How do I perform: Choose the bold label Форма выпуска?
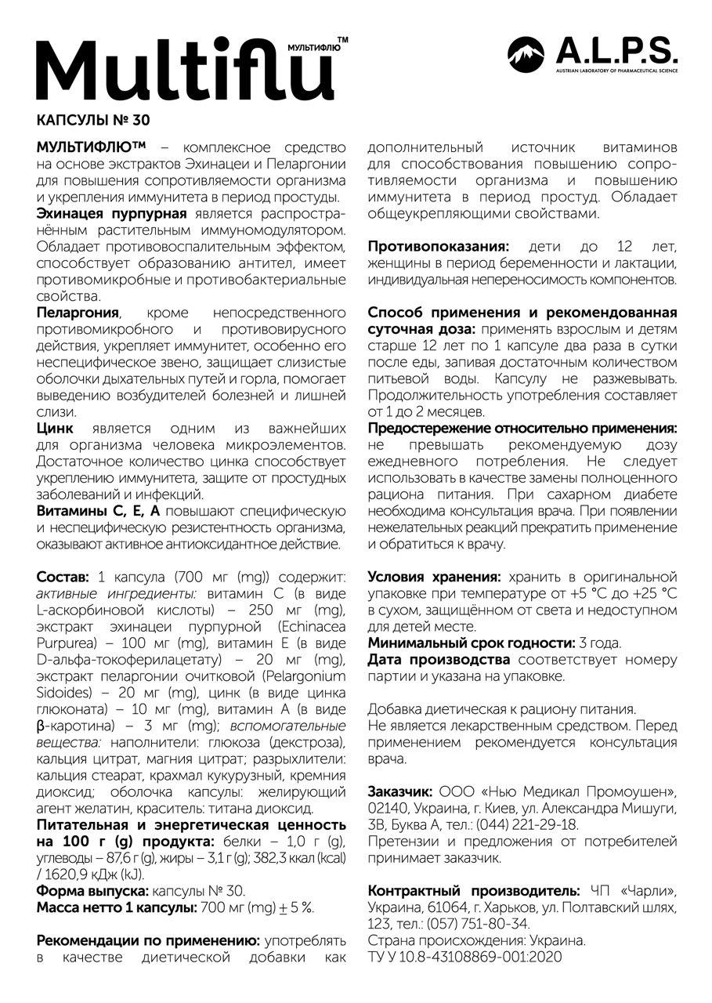[92, 891]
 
